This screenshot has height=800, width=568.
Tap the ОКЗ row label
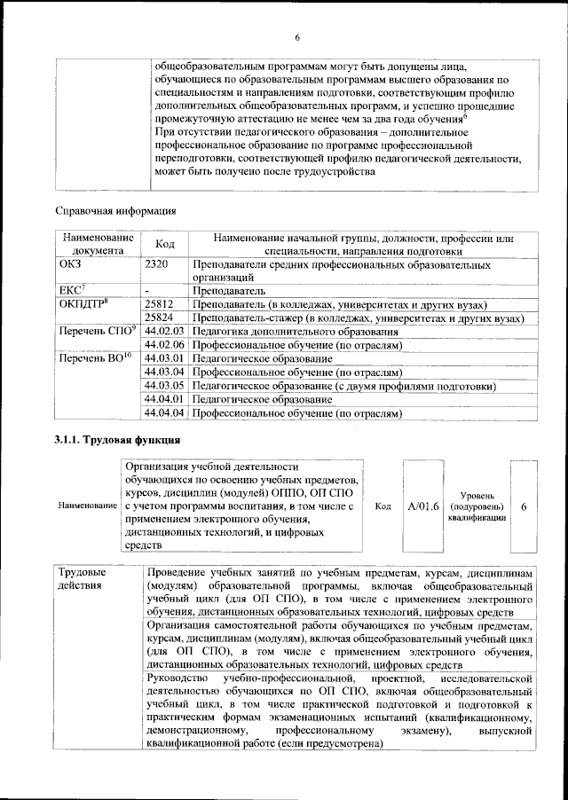coord(71,264)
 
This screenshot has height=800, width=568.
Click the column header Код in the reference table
coord(165,244)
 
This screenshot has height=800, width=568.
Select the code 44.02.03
coord(164,331)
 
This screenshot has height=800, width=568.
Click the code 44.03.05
coord(164,386)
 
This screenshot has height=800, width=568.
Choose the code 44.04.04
coord(164,412)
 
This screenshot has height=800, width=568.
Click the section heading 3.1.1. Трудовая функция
coord(118,441)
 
